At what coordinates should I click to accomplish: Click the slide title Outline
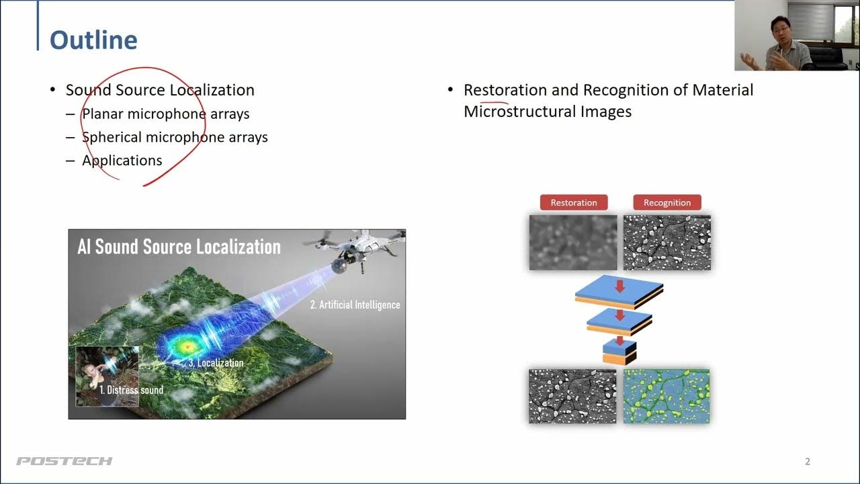coord(93,40)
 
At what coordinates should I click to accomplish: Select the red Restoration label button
coord(574,202)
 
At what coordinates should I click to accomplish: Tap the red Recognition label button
coord(667,202)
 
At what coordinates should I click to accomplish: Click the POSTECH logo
coord(64,461)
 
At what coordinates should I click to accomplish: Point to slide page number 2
coord(808,461)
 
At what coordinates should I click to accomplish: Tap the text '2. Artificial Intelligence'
coord(355,305)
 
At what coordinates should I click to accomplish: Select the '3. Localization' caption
coord(216,362)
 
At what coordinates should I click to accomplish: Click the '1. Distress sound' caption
coord(131,390)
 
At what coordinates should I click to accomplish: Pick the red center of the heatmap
coord(187,347)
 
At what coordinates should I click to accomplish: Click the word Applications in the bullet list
coord(122,161)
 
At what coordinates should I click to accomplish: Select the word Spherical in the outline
coord(112,137)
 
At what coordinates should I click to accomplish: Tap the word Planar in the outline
coord(103,114)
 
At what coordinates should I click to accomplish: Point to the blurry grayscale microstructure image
coord(573,243)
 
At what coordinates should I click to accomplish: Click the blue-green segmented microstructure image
coord(666,397)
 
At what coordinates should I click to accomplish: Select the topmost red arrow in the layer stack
coord(619,286)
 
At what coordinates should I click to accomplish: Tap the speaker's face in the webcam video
coord(780,31)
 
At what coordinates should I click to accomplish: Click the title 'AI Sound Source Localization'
coord(179,247)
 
